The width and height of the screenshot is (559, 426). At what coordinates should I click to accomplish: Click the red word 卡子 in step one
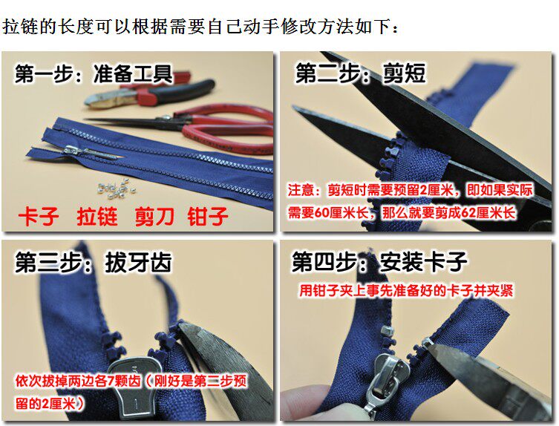click(x=39, y=216)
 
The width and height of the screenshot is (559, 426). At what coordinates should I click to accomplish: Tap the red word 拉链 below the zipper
click(x=97, y=216)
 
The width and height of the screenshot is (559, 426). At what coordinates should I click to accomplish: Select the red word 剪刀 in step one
click(x=154, y=216)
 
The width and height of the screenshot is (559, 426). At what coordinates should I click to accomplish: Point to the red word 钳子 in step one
click(x=208, y=216)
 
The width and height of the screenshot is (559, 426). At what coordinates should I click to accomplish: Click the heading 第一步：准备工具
click(x=94, y=73)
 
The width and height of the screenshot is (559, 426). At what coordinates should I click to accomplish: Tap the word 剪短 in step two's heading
click(x=404, y=73)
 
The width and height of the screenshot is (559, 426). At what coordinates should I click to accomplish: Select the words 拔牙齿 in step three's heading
click(x=138, y=263)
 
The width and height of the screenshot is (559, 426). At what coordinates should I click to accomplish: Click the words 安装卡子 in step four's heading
click(x=423, y=262)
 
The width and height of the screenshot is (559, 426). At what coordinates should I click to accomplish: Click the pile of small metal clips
click(x=116, y=189)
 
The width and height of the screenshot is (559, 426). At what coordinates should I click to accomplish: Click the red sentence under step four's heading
click(x=406, y=290)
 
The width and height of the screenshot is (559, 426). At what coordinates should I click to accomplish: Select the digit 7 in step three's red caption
click(x=111, y=381)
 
